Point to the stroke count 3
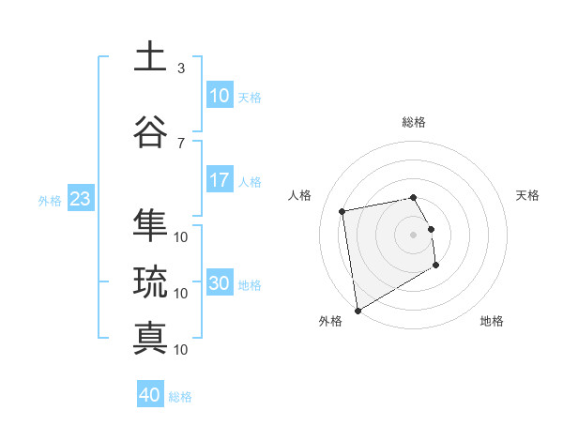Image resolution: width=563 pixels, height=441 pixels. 181,68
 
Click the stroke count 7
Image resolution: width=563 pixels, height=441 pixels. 181,143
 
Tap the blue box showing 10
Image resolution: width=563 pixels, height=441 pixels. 219,96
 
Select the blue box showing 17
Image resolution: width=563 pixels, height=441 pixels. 219,180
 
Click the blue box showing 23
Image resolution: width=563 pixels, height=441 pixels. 79,199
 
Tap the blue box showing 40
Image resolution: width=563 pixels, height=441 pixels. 149,395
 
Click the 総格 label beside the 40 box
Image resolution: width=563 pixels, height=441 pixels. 180,397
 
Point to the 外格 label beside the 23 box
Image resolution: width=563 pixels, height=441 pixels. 50,200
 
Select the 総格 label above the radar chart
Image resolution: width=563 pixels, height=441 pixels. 414,122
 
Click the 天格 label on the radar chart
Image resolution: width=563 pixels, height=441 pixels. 528,195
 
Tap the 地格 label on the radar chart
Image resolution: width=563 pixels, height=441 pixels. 492,321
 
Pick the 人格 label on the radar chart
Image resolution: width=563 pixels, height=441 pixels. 300,195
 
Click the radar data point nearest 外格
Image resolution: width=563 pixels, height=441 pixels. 357,310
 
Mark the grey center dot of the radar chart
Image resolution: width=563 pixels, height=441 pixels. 414,234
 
